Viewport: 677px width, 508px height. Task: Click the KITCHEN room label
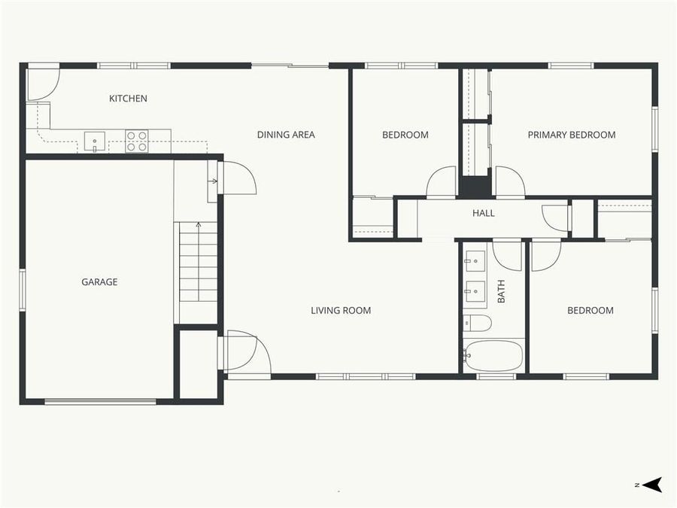(128, 99)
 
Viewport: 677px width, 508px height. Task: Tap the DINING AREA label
(286, 135)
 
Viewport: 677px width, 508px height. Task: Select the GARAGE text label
(99, 282)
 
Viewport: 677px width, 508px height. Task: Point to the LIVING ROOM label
(341, 310)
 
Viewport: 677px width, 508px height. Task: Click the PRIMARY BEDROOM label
(571, 135)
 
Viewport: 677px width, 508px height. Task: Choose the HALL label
(483, 213)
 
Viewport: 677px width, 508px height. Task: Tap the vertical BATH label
(502, 292)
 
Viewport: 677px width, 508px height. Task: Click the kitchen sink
(94, 139)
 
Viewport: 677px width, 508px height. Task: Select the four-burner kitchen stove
(136, 141)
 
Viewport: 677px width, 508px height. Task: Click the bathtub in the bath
(493, 355)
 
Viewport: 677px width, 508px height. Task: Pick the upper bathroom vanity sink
(474, 261)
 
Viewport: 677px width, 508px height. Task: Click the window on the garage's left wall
(23, 290)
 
